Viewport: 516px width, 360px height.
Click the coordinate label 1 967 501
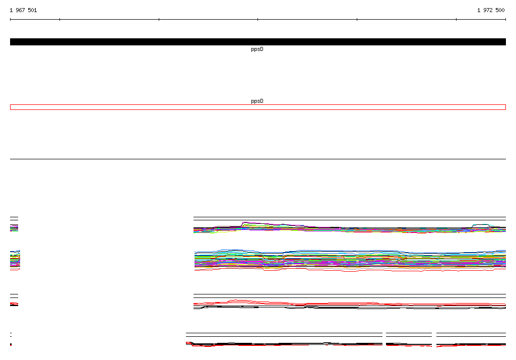pyautogui.click(x=23, y=10)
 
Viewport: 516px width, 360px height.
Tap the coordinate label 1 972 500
pyautogui.click(x=491, y=10)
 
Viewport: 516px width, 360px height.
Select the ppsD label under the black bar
pyautogui.click(x=257, y=49)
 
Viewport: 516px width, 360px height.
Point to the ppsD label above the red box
pyautogui.click(x=257, y=101)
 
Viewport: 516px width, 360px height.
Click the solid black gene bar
pyautogui.click(x=258, y=42)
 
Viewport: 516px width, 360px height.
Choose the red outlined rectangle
pyautogui.click(x=258, y=105)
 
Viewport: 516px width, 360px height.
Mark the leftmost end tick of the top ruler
pyautogui.click(x=10, y=20)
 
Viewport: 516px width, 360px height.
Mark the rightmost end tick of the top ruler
pyautogui.click(x=505, y=20)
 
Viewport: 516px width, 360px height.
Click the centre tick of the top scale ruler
pyautogui.click(x=257, y=20)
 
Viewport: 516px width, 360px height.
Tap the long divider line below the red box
pyautogui.click(x=258, y=159)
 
